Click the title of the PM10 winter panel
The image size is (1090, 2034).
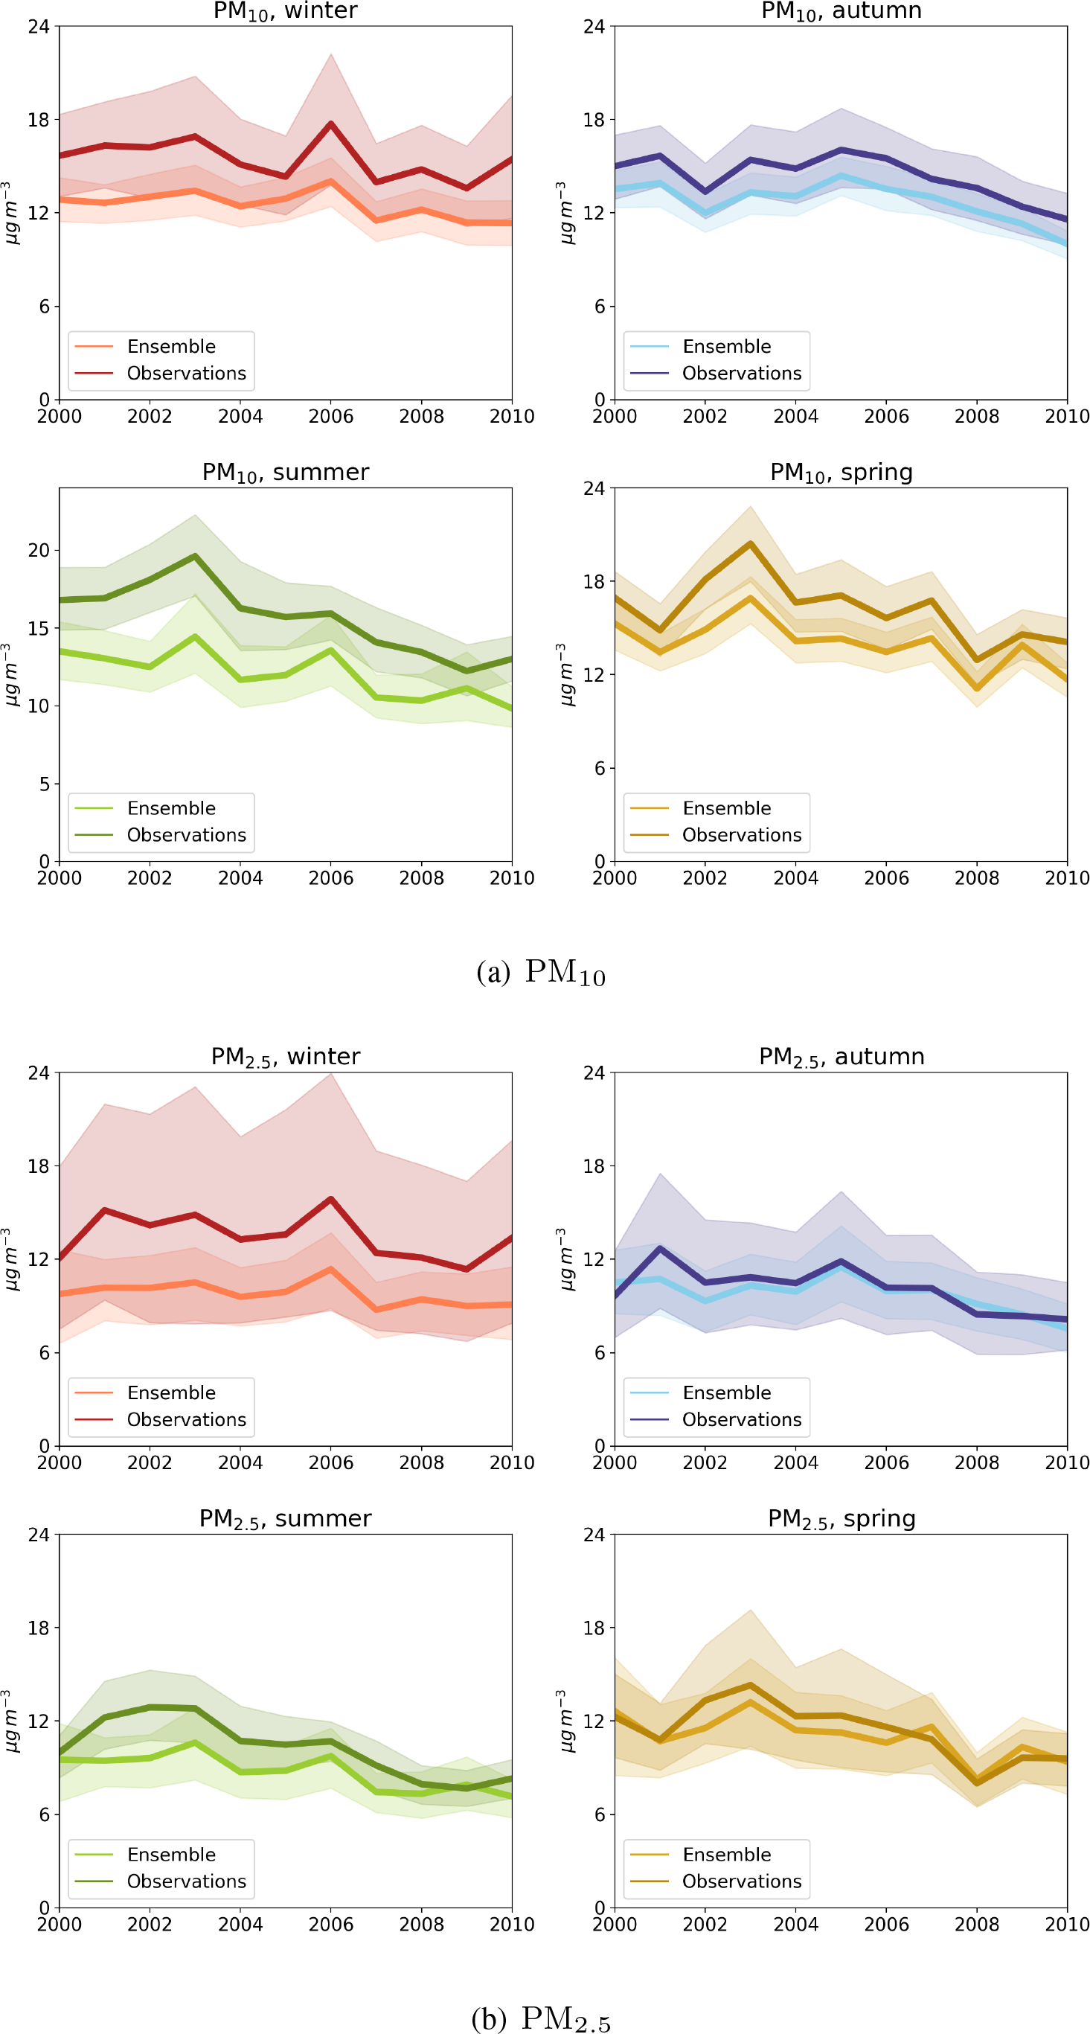coord(285,10)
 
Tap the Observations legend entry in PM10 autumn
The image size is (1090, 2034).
coord(741,373)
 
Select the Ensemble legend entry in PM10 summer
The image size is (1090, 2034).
coord(170,807)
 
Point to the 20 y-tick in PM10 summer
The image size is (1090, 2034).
coord(38,550)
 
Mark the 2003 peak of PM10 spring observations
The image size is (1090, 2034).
coord(750,543)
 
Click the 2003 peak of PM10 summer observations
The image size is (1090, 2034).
coord(195,556)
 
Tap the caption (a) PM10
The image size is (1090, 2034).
coord(541,971)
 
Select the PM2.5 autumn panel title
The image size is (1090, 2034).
coord(841,1057)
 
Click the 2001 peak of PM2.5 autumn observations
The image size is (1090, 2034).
coord(660,1248)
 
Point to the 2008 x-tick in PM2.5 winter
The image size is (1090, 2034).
coord(420,1462)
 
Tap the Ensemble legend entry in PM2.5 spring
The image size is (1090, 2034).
coord(726,1854)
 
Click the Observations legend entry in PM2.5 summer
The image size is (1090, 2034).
coord(186,1881)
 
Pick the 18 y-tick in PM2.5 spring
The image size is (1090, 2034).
coord(594,1628)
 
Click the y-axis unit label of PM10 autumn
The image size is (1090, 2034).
coord(561,212)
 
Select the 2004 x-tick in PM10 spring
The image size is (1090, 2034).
coord(795,878)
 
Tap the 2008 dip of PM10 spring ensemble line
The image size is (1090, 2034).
coord(977,688)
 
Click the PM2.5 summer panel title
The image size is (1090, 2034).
coord(285,1518)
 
